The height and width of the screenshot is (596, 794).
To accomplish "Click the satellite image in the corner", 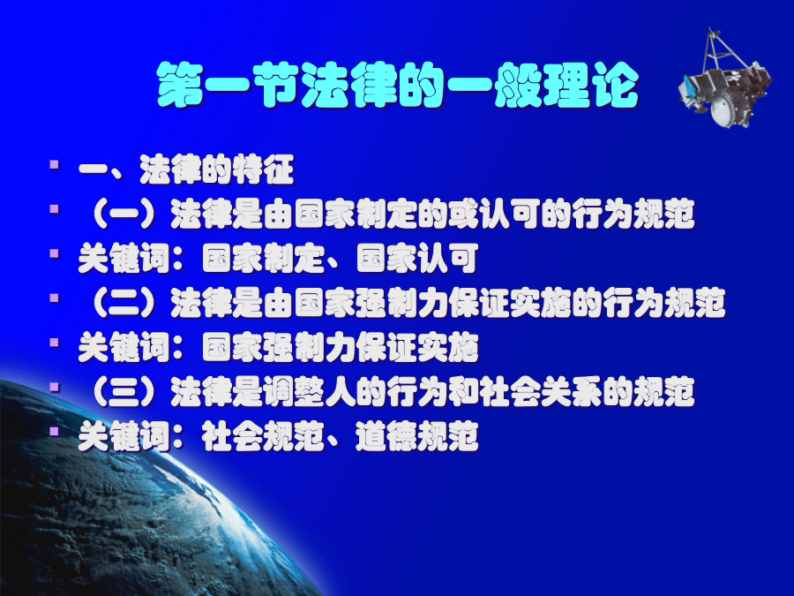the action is pyautogui.click(x=724, y=81).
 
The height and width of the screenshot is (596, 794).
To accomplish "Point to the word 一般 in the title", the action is pyautogui.click(x=494, y=85).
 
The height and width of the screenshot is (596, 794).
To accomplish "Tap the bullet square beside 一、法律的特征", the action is pyautogui.click(x=55, y=164).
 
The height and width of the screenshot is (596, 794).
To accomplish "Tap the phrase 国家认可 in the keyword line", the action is pyautogui.click(x=418, y=259).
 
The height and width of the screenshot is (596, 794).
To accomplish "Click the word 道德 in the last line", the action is pyautogui.click(x=387, y=437).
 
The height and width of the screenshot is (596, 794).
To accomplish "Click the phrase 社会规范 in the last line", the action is pyautogui.click(x=263, y=437).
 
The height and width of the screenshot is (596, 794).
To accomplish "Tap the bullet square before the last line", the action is pyautogui.click(x=55, y=432).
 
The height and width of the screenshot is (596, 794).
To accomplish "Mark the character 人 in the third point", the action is pyautogui.click(x=341, y=392).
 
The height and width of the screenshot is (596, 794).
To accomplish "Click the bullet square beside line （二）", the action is pyautogui.click(x=55, y=298).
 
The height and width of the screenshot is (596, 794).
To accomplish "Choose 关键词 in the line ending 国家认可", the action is pyautogui.click(x=124, y=259).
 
